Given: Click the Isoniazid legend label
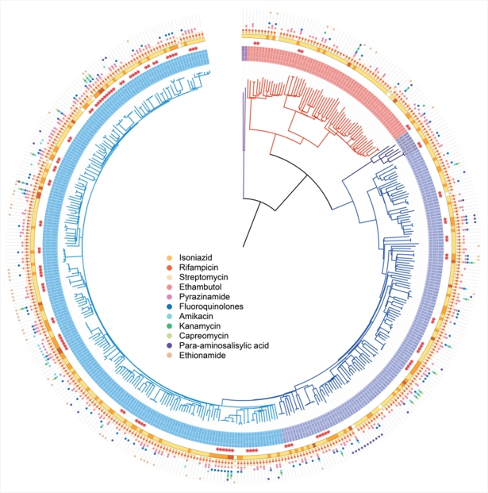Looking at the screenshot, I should [195, 260].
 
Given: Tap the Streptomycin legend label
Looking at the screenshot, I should [202, 279].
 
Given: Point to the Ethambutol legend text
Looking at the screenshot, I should [199, 288].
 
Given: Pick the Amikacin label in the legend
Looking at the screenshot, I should [196, 317].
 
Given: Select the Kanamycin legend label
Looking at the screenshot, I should [199, 326].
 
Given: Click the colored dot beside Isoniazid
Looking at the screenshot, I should [168, 260].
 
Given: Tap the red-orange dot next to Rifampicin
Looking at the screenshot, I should [168, 269].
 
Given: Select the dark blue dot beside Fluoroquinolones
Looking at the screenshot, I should [168, 307].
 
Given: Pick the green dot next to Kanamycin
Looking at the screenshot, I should [168, 326].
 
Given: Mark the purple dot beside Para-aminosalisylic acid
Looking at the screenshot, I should [168, 345].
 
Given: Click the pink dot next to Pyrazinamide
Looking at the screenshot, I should [168, 298].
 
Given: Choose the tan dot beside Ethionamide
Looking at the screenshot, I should [168, 355].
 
